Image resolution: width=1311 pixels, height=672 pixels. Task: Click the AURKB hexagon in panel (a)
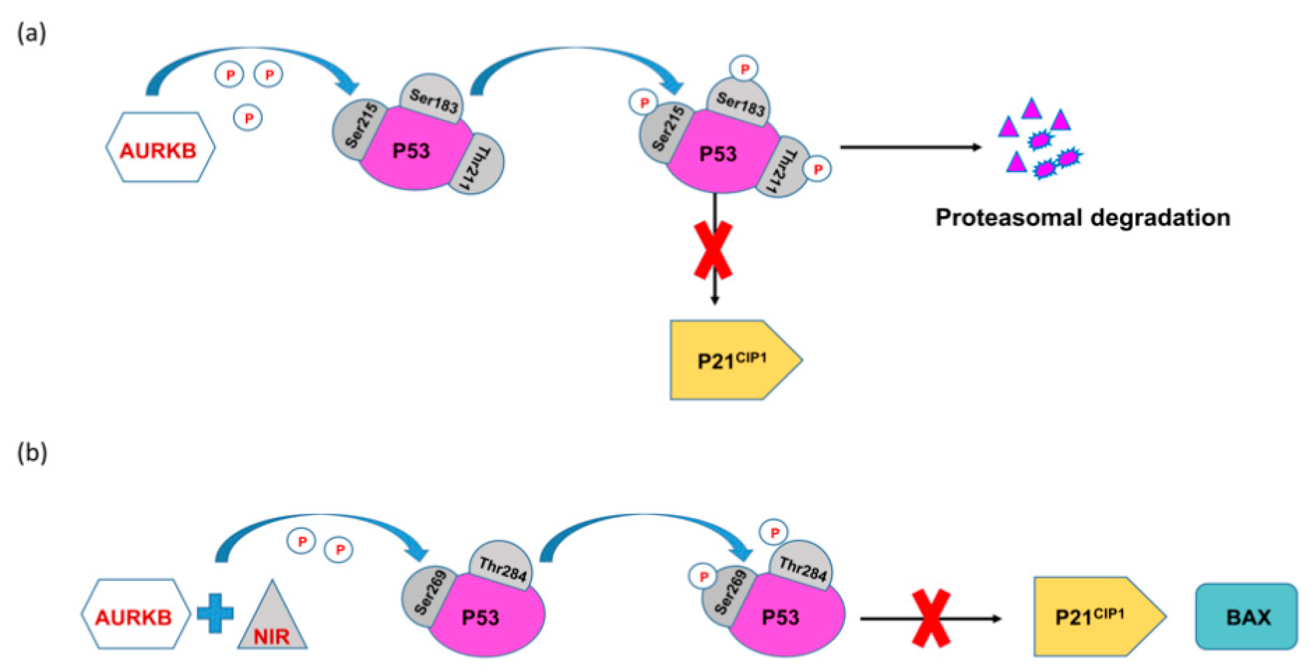(x=159, y=147)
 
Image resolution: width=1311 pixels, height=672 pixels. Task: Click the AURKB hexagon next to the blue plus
(x=135, y=614)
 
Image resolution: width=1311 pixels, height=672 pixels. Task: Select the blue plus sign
(x=215, y=613)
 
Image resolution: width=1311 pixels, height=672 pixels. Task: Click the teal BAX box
(x=1246, y=616)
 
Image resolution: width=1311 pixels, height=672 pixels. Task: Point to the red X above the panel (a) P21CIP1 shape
(x=713, y=250)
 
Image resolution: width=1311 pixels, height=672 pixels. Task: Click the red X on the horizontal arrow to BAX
(x=931, y=618)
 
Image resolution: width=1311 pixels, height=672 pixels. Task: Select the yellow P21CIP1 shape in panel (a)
(x=733, y=360)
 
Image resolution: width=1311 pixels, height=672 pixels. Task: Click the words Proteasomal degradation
(x=1082, y=218)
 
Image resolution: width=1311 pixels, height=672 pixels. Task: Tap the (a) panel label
(x=32, y=34)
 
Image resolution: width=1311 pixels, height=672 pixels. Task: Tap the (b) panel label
(x=32, y=452)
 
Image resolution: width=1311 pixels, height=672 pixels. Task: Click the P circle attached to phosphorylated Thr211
(x=817, y=169)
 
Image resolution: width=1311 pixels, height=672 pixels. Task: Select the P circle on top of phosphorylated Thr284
(x=773, y=533)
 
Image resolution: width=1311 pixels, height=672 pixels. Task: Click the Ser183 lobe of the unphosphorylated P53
(x=433, y=99)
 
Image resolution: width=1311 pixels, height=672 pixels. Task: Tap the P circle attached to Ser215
(x=644, y=103)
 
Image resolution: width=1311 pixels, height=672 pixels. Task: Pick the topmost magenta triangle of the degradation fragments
(x=1031, y=108)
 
